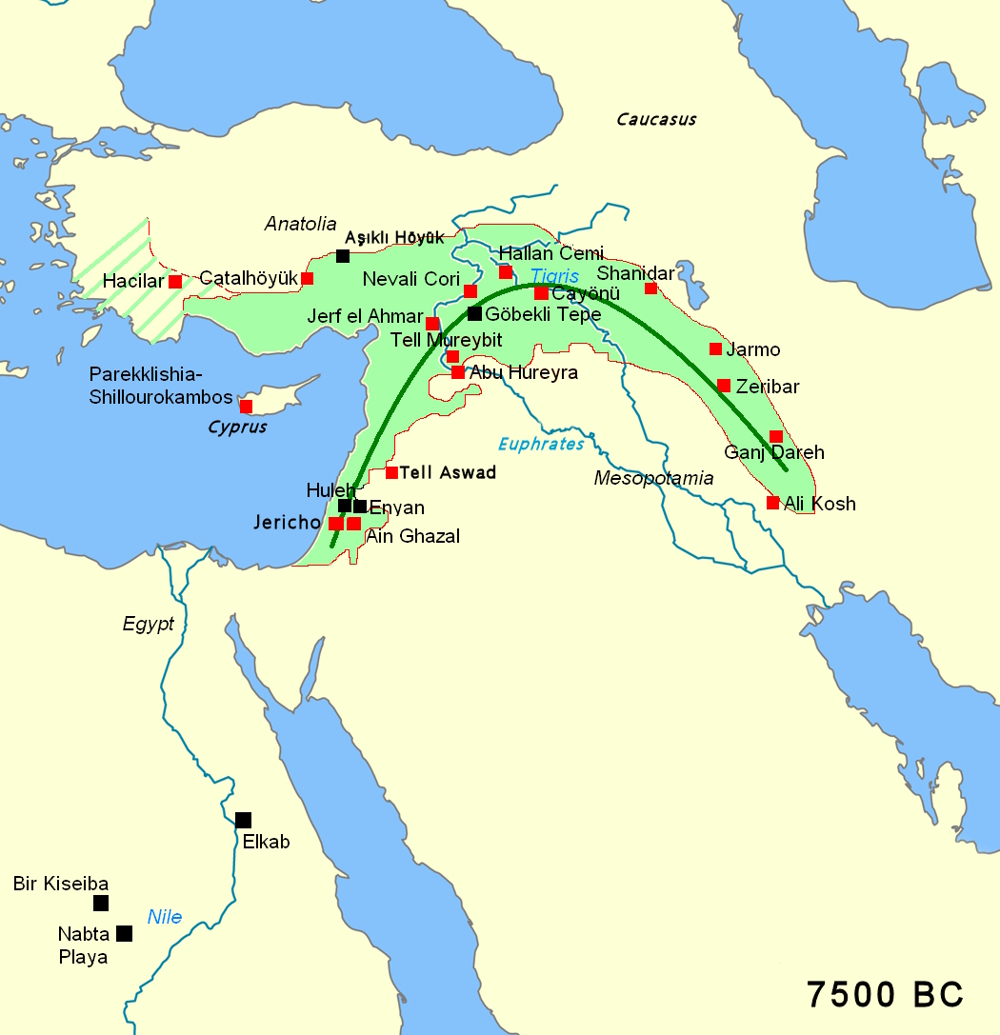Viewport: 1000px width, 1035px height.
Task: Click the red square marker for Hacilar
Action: [x=175, y=281]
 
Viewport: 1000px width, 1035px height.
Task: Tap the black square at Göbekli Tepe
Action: [x=474, y=313]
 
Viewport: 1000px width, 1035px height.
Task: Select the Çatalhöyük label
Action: [x=249, y=278]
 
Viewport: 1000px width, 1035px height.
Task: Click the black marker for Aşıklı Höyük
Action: [x=343, y=255]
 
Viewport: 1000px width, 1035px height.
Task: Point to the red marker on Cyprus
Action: [x=246, y=407]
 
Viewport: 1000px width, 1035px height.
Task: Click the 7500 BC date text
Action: [x=885, y=994]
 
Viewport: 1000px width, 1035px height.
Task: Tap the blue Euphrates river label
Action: [x=541, y=445]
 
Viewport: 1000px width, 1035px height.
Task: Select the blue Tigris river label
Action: [x=554, y=275]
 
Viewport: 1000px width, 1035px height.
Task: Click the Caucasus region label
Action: [x=656, y=120]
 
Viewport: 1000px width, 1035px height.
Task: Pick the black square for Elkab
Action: [x=243, y=820]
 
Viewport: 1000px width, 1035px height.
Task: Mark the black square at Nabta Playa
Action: [x=124, y=933]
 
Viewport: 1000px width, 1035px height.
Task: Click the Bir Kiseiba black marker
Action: [x=101, y=903]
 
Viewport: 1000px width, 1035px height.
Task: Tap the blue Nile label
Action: [x=164, y=918]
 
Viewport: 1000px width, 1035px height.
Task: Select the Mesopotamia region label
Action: [x=653, y=478]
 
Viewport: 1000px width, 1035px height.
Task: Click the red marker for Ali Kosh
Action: [x=773, y=502]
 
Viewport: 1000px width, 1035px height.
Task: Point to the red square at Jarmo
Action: [x=715, y=348]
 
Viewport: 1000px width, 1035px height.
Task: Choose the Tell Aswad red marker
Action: [x=391, y=472]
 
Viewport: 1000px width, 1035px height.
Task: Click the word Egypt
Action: [x=149, y=625]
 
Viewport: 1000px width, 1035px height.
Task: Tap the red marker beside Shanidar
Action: [x=651, y=288]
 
